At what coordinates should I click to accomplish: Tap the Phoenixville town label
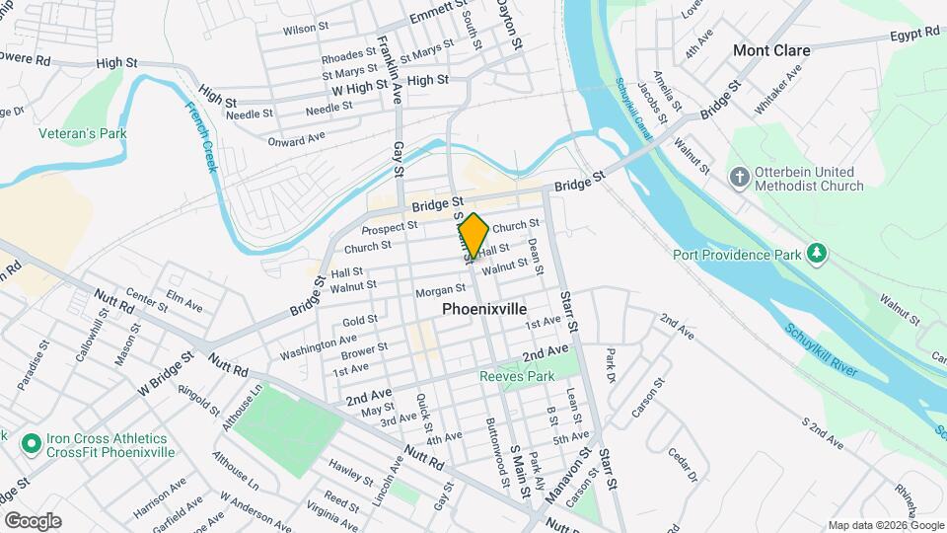click(x=485, y=308)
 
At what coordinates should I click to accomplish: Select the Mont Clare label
click(x=771, y=50)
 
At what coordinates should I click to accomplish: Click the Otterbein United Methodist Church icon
click(x=740, y=178)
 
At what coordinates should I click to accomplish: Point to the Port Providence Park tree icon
click(x=817, y=254)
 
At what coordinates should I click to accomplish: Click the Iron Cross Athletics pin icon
click(x=31, y=444)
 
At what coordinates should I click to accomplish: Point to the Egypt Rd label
click(x=913, y=34)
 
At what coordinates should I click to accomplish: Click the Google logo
click(x=33, y=521)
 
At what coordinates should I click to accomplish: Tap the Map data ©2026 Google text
click(x=884, y=525)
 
